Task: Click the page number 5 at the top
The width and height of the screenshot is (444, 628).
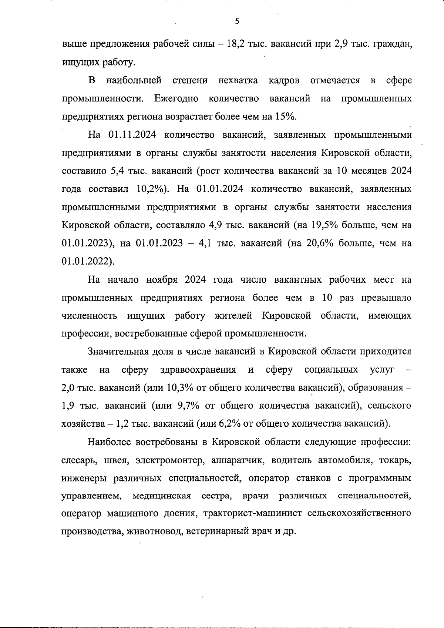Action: coord(237,21)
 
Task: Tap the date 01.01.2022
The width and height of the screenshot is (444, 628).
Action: coord(87,262)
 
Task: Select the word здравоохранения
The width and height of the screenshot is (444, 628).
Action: coord(198,370)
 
